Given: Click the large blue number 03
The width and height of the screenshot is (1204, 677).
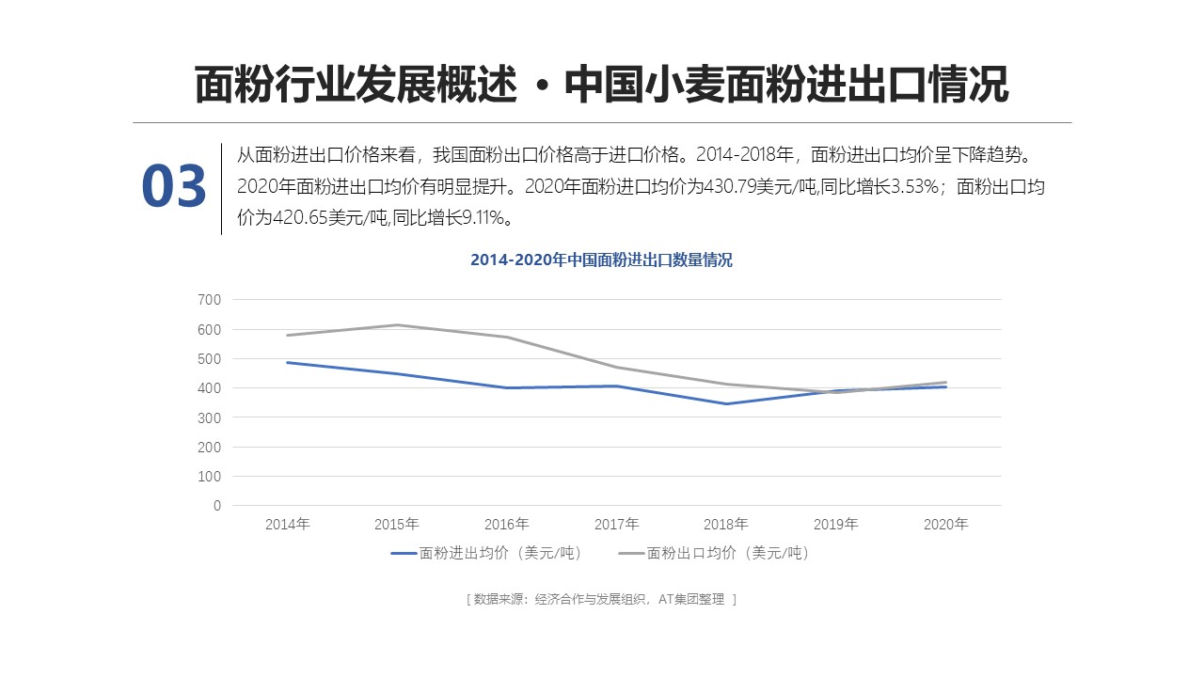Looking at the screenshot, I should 174,186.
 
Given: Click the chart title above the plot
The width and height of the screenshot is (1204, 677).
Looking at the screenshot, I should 601,260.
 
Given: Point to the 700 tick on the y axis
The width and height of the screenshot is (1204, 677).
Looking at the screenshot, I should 210,300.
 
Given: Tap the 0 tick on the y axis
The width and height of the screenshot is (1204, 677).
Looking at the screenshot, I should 217,506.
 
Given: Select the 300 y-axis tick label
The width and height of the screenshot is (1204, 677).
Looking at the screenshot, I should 210,417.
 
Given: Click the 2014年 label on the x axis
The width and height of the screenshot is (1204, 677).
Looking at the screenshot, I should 287,525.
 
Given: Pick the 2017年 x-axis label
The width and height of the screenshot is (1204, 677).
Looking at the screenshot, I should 616,525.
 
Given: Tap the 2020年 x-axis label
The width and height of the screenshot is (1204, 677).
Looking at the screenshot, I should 945,525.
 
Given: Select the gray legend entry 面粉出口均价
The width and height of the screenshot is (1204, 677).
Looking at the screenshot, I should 714,554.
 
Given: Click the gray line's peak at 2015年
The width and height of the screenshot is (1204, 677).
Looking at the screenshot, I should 397,325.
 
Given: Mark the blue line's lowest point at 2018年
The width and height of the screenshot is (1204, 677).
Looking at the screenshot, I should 726,404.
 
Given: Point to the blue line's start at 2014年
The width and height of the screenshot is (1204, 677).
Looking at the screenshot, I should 287,363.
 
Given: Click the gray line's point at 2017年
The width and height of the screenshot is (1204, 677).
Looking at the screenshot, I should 616,368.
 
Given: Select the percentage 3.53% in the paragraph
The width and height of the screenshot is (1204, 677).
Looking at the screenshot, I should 915,187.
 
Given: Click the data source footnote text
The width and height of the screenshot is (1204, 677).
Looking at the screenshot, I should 601,599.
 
